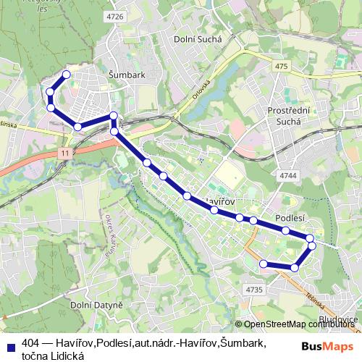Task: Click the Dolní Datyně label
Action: pyautogui.click(x=96, y=306)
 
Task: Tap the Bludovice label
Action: pyautogui.click(x=338, y=319)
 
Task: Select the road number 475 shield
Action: pyautogui.click(x=282, y=67)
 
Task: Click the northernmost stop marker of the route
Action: pyautogui.click(x=67, y=75)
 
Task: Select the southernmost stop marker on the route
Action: pyautogui.click(x=294, y=268)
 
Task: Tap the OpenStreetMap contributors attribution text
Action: pyautogui.click(x=299, y=324)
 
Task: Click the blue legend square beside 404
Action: pyautogui.click(x=10, y=342)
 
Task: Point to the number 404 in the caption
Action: pyautogui.click(x=31, y=342)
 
